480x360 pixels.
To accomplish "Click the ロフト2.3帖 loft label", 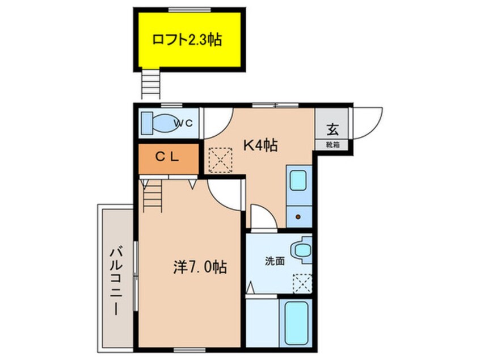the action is (187, 40).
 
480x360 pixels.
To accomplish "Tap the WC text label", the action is (184, 123).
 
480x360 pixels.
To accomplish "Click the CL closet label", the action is (167, 157).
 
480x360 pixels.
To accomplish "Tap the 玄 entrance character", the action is (332, 129).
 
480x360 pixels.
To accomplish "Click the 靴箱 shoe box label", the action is (332, 145).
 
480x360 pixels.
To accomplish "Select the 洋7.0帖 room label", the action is (200, 267).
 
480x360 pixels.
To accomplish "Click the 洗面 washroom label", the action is (275, 261).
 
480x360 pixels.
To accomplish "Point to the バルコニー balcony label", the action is (116, 282).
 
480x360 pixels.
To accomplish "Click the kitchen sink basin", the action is (298, 181).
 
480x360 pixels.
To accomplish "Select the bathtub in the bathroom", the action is (296, 323).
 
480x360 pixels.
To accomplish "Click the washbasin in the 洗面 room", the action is (302, 250).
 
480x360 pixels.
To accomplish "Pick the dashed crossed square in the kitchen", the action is (220, 160).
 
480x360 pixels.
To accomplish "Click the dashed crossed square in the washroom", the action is (302, 283).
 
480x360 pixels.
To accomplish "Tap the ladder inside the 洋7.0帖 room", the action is (152, 196).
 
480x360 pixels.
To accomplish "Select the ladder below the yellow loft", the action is (150, 83).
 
